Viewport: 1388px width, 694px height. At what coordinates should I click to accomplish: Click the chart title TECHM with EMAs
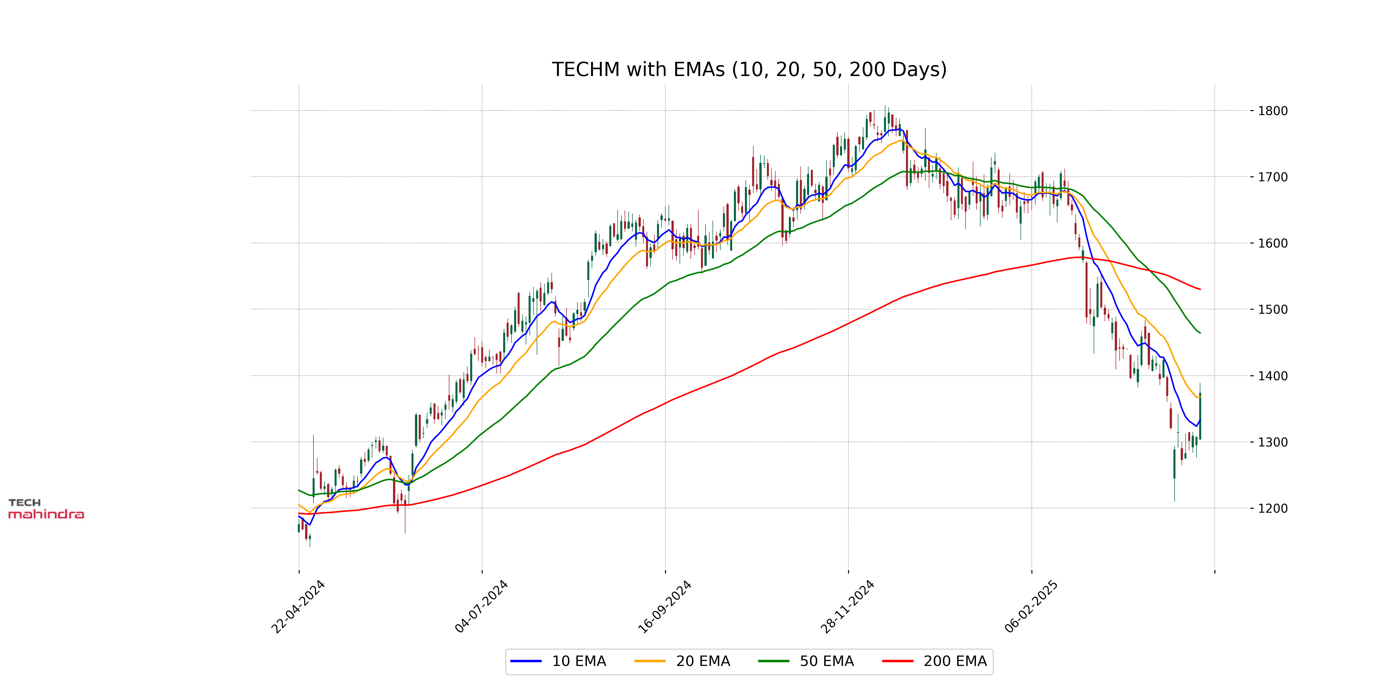pos(749,69)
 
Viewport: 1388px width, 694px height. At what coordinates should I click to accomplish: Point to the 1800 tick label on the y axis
pos(1273,111)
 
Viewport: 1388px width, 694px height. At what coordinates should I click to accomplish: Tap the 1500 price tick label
pos(1273,310)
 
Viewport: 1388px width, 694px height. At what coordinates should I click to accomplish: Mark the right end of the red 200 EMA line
pos(1200,289)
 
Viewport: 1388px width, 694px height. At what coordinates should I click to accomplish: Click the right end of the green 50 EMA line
pos(1200,333)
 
